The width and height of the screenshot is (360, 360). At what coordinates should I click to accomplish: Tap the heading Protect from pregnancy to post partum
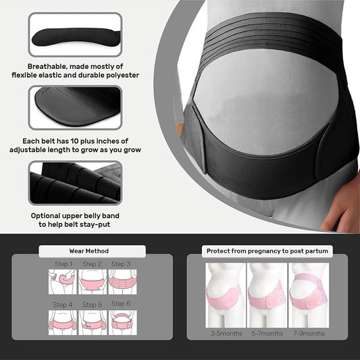coord(267,251)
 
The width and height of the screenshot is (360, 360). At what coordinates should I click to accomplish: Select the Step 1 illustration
coord(63,281)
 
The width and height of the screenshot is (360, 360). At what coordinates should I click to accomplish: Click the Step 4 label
coord(63,305)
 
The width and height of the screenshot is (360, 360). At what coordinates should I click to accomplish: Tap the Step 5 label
coord(93,305)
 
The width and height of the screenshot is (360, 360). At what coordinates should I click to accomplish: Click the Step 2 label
coord(93,264)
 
